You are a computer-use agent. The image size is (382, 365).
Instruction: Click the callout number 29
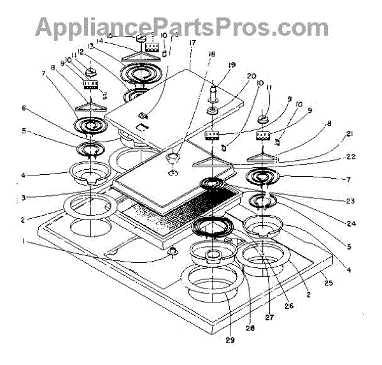[x=229, y=339]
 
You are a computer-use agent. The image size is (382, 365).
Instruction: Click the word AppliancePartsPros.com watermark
[x=182, y=27]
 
